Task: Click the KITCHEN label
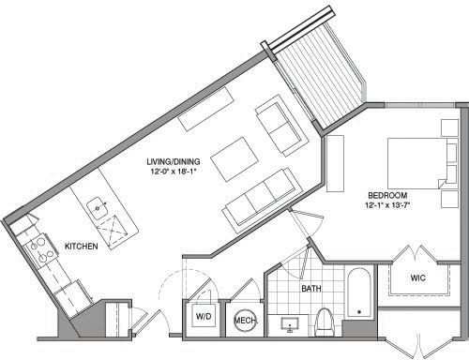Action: (82, 247)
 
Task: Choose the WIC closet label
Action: (419, 278)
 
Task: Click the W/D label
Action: (203, 319)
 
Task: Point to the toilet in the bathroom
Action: (325, 320)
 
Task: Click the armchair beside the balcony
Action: (280, 127)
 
